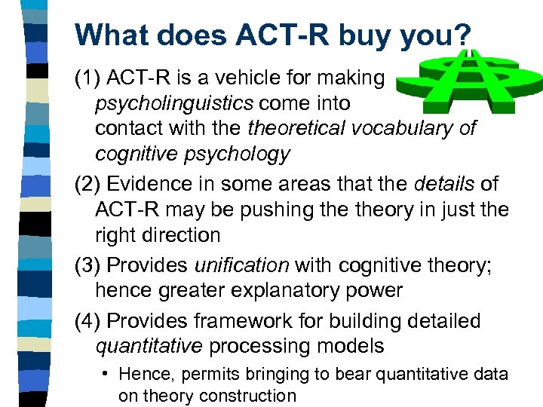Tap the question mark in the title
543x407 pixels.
tap(462, 35)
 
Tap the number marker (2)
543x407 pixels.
tap(88, 183)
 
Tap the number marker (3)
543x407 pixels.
tap(88, 265)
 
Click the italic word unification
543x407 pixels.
tap(241, 265)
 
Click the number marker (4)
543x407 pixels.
tap(88, 320)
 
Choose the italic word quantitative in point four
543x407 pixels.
tap(149, 346)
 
